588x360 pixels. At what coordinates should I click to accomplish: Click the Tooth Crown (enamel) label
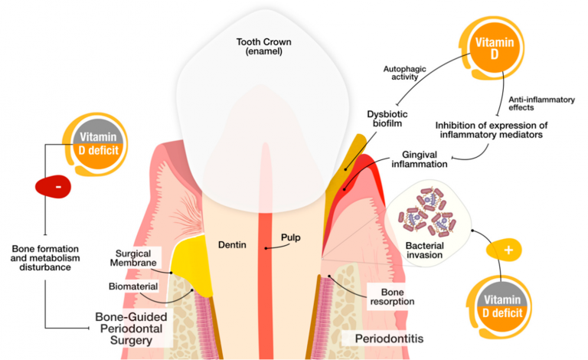[263, 47]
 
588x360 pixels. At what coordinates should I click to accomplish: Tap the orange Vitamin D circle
[495, 48]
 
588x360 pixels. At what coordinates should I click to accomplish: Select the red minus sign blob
[54, 186]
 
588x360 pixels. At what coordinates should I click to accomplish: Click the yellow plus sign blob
[504, 250]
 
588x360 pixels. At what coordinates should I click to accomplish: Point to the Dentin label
[232, 245]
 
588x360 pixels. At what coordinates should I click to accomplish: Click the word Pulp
[291, 237]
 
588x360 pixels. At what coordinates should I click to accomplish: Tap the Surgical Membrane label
[133, 258]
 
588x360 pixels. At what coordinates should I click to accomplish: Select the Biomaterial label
[133, 286]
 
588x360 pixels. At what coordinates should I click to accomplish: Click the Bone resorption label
[392, 296]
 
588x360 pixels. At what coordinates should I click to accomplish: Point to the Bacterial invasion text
[424, 250]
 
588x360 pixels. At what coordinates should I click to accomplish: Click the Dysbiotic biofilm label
[387, 119]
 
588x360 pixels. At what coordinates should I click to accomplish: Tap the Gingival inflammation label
[420, 159]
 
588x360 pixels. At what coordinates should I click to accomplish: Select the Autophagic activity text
[404, 73]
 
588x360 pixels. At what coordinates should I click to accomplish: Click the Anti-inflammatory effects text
[541, 103]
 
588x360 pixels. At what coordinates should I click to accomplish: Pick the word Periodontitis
[389, 339]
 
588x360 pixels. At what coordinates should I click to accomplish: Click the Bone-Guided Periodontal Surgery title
[131, 329]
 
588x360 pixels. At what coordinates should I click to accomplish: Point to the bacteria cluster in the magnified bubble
[427, 212]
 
